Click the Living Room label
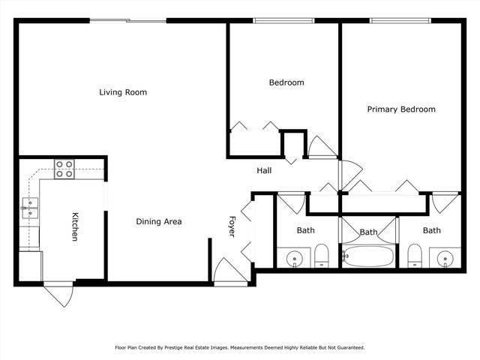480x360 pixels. coord(123,92)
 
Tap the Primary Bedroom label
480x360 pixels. coord(400,109)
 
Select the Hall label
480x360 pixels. coord(264,170)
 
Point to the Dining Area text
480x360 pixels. coord(158,221)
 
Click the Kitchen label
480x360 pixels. coord(75,226)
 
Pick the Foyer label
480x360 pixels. coord(232,226)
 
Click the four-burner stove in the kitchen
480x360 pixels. coord(64,169)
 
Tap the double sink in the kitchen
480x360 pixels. coord(29,207)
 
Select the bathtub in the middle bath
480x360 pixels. coord(367,256)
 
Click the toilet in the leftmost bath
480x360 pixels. coord(321,256)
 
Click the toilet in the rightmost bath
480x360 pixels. coord(414,256)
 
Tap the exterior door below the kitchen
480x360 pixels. coord(58,295)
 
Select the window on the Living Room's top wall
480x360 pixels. coord(127,21)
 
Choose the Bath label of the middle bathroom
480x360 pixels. coord(368,232)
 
